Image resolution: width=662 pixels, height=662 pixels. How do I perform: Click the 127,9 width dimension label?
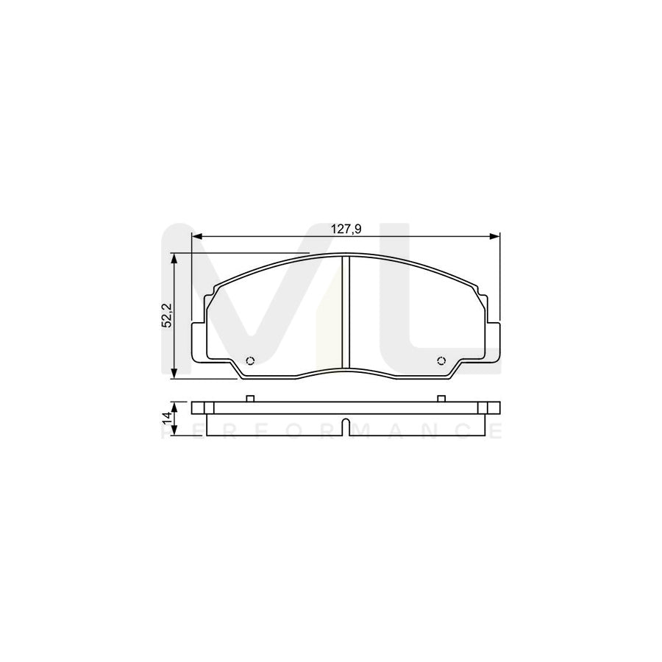(x=345, y=229)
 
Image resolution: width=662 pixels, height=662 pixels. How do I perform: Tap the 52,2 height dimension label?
(x=166, y=316)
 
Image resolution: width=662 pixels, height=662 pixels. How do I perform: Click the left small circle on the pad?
(x=249, y=360)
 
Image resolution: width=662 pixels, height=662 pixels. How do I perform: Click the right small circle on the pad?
(x=441, y=360)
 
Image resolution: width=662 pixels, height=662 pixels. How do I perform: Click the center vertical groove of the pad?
(x=346, y=313)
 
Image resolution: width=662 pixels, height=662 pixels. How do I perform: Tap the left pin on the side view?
(x=249, y=399)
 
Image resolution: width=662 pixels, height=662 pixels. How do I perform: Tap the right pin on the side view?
(x=441, y=399)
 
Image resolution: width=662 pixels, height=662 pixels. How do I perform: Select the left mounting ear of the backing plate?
(x=199, y=341)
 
